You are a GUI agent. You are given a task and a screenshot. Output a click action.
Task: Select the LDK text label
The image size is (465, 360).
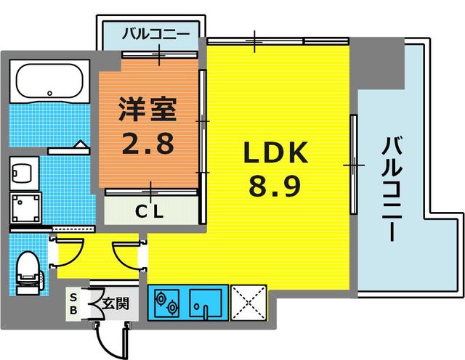276,154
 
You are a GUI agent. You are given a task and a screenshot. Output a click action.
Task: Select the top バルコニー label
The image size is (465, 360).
155,33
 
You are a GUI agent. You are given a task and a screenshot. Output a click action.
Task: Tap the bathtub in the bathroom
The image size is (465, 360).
49,81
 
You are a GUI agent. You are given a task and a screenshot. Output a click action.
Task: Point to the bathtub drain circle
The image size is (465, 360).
49,93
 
